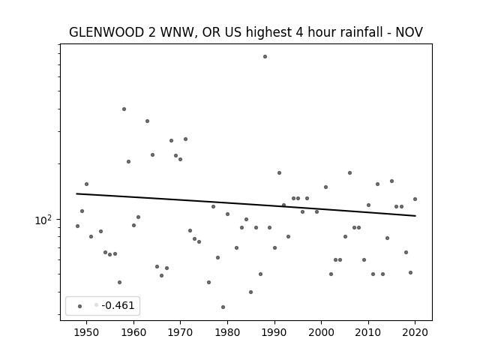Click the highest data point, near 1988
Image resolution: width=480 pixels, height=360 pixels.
(x=265, y=57)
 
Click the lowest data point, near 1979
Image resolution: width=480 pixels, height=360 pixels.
(x=223, y=307)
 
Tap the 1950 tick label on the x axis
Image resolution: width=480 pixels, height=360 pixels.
(x=87, y=332)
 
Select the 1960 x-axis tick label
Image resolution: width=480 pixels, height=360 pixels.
(x=133, y=332)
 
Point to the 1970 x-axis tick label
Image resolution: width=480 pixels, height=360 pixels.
(x=180, y=332)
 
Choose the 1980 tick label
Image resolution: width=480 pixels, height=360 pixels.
(x=227, y=332)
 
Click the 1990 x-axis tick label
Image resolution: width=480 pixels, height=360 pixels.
(x=274, y=332)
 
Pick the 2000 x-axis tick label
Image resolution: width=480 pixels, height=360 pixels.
(x=322, y=332)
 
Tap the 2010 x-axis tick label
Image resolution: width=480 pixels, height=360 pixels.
(x=368, y=332)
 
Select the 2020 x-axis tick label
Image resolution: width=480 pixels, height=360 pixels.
(x=415, y=332)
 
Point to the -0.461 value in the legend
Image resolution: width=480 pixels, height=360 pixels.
(x=118, y=305)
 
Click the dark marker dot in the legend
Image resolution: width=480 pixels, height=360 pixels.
(x=80, y=306)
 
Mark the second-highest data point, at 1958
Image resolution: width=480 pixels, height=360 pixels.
(x=124, y=109)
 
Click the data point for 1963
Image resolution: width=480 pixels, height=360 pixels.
(x=147, y=121)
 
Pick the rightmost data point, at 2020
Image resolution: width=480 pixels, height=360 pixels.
(x=415, y=199)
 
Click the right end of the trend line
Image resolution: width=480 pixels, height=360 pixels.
(x=415, y=216)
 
